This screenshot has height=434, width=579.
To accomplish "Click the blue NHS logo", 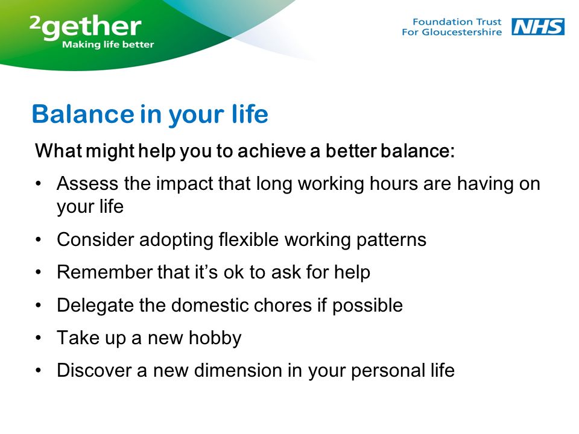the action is (537, 27).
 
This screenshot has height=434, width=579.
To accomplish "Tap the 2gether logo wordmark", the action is (85, 27).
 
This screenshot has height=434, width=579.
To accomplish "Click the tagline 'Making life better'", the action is (108, 45).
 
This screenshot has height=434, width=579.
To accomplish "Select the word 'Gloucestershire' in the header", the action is (461, 32).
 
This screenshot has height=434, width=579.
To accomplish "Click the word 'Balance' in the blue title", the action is (83, 114).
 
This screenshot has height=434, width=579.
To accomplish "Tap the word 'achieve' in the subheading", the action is (271, 151).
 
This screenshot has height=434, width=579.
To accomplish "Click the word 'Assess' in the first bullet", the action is (87, 183).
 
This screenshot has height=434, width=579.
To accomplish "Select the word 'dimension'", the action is (238, 370).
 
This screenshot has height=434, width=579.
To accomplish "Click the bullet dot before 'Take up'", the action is (39, 338).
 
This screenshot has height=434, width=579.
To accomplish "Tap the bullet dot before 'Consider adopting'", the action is (39, 239).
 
